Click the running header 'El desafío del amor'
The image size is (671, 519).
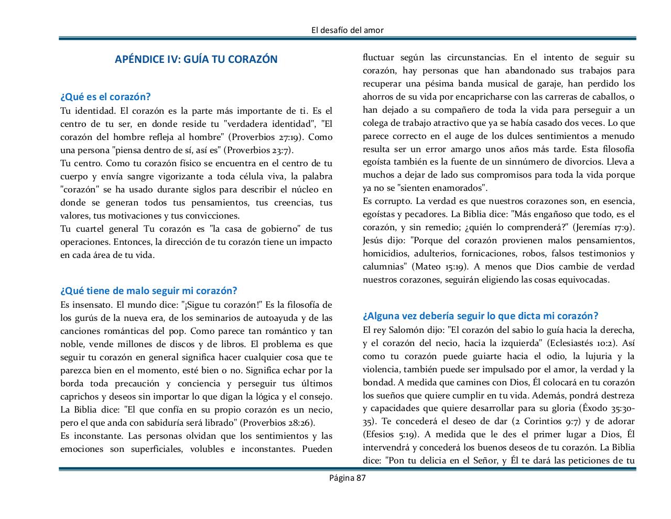pos(347,30)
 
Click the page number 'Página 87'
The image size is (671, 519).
pos(347,478)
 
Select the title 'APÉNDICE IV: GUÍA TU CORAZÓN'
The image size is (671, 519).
pos(196,59)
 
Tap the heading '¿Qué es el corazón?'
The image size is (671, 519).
pos(105,97)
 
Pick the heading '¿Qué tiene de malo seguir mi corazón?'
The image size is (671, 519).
pos(149,291)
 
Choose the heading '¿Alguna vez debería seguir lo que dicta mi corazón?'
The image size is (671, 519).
pos(480,316)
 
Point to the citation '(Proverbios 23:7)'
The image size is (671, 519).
pos(258,150)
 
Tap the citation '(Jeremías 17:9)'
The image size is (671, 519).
pos(603,228)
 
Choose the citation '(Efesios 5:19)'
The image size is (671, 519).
pos(391,435)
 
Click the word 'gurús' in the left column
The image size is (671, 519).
pos(84,318)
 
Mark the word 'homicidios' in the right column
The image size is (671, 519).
pos(385,254)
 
